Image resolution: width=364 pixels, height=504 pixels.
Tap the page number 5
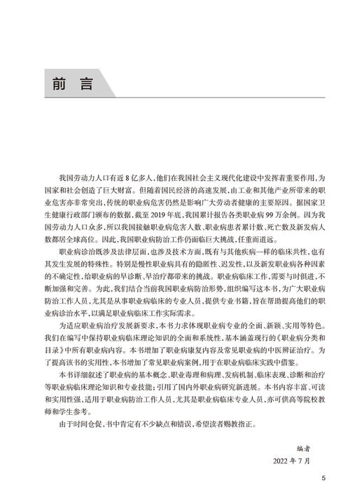[323, 479]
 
